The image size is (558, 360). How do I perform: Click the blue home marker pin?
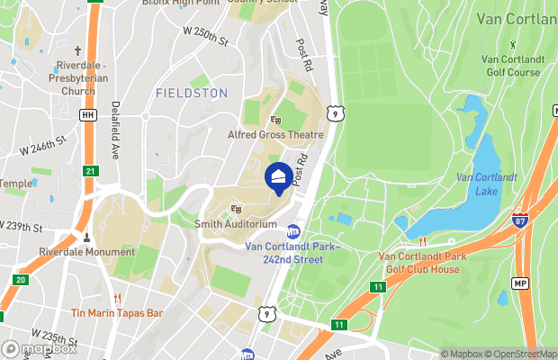[x=279, y=175]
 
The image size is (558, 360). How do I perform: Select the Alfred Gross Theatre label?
[x=274, y=134]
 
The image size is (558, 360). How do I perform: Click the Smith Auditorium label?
[x=236, y=223]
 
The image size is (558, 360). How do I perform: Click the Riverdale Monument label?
[x=86, y=252]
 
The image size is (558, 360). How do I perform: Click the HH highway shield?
[x=87, y=115]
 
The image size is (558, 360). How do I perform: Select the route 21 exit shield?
[x=89, y=171]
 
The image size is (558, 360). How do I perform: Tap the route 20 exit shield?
[x=21, y=280]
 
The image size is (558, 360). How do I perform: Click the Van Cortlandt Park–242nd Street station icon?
[x=293, y=231]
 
